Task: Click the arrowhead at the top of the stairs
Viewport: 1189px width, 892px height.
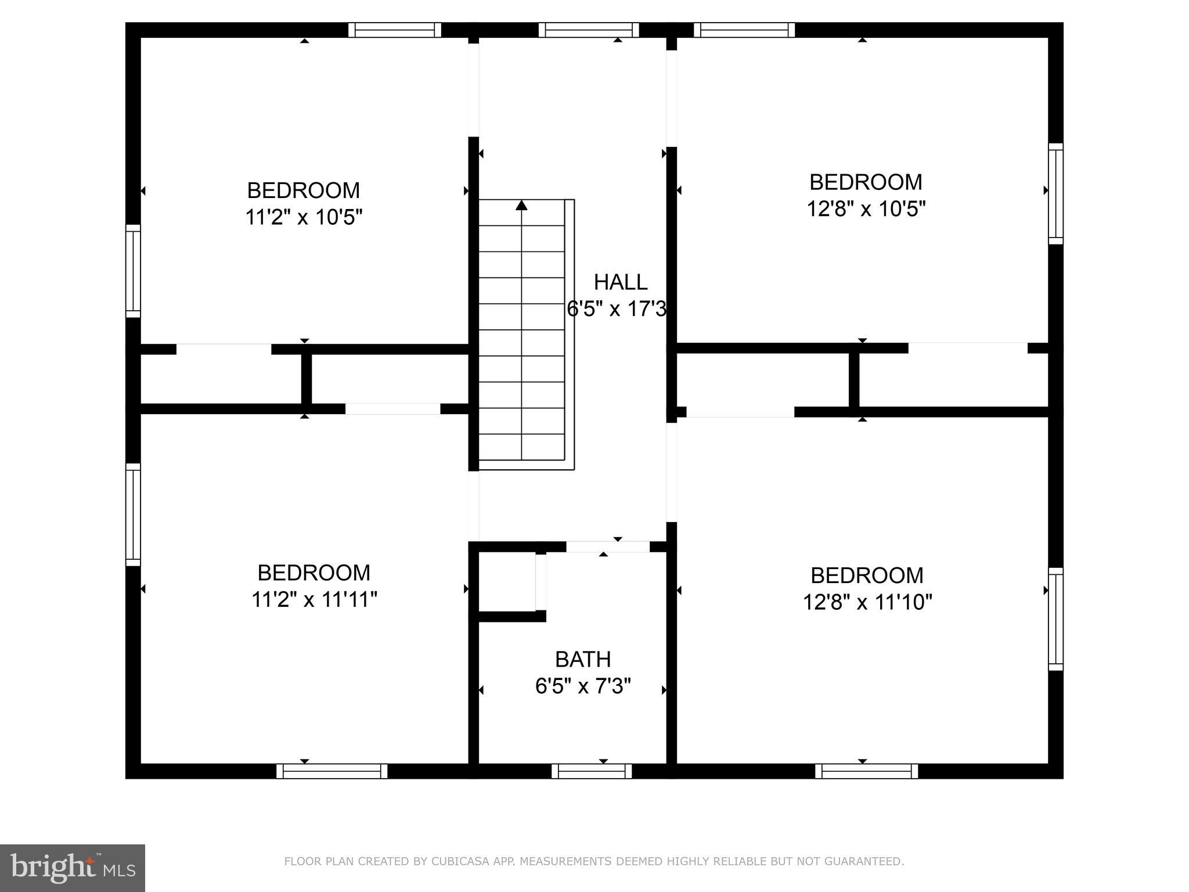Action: pyautogui.click(x=521, y=204)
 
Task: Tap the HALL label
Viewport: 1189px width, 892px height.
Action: pyautogui.click(x=621, y=282)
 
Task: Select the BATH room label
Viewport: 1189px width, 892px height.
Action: pyautogui.click(x=583, y=660)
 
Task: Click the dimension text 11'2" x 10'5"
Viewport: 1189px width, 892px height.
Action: pyautogui.click(x=304, y=218)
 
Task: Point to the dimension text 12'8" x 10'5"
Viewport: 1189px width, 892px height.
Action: pyautogui.click(x=866, y=209)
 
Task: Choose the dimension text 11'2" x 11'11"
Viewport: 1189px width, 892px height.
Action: pyautogui.click(x=314, y=600)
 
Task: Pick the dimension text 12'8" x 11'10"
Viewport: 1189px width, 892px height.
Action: pyautogui.click(x=867, y=603)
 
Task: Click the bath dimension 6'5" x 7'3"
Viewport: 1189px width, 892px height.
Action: pyautogui.click(x=583, y=687)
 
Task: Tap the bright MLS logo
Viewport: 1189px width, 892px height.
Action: pyautogui.click(x=73, y=869)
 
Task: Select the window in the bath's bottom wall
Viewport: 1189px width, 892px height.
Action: pyautogui.click(x=592, y=771)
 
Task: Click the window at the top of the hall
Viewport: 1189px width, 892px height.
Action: pyautogui.click(x=589, y=30)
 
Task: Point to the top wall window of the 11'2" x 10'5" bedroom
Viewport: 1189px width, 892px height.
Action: pyautogui.click(x=395, y=30)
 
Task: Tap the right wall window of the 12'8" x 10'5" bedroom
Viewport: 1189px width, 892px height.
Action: pyautogui.click(x=1055, y=194)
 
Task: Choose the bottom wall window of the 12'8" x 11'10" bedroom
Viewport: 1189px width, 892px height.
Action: pyautogui.click(x=867, y=771)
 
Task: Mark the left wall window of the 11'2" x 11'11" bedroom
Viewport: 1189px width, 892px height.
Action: pyautogui.click(x=133, y=515)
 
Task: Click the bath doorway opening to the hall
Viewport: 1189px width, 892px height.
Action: pyautogui.click(x=608, y=547)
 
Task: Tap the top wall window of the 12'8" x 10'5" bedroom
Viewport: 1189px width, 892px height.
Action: pyautogui.click(x=744, y=30)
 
